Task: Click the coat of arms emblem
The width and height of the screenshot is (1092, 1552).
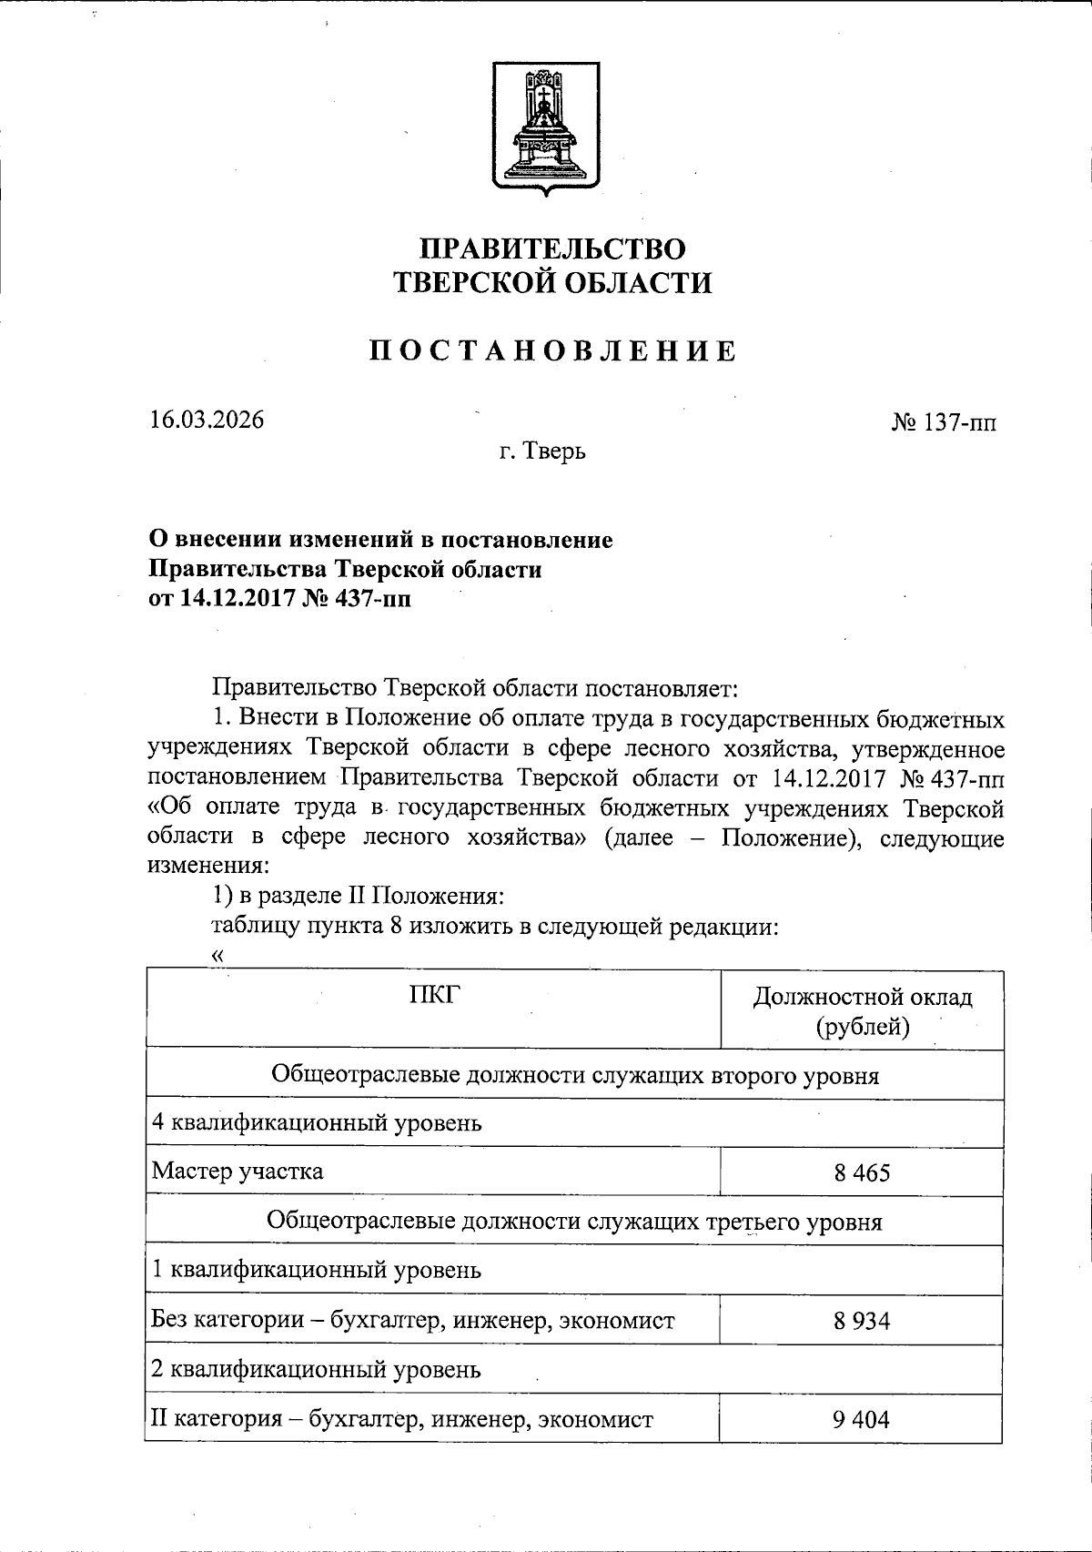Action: pyautogui.click(x=546, y=127)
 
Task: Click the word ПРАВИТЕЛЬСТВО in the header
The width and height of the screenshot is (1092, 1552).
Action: pyautogui.click(x=551, y=249)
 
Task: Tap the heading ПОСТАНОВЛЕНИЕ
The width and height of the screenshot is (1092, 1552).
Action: pyautogui.click(x=552, y=351)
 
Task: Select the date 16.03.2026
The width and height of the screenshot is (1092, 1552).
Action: pyautogui.click(x=207, y=421)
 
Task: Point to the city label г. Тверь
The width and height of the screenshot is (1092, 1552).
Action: pyautogui.click(x=542, y=451)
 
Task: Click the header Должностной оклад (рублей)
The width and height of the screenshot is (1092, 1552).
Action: pyautogui.click(x=862, y=1011)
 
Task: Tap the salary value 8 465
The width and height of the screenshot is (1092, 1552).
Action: pyautogui.click(x=861, y=1172)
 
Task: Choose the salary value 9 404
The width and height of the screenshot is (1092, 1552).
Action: pyautogui.click(x=861, y=1419)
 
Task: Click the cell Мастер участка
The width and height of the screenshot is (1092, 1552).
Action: pyautogui.click(x=238, y=1171)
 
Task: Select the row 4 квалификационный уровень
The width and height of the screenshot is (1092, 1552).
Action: pyautogui.click(x=317, y=1122)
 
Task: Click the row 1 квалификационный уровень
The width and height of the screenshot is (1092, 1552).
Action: pyautogui.click(x=316, y=1270)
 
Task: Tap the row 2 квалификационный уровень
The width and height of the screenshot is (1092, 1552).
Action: pyautogui.click(x=316, y=1369)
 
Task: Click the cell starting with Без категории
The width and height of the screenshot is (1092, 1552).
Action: pyautogui.click(x=413, y=1320)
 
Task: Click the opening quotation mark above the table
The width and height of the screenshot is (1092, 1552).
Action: pyautogui.click(x=217, y=955)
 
